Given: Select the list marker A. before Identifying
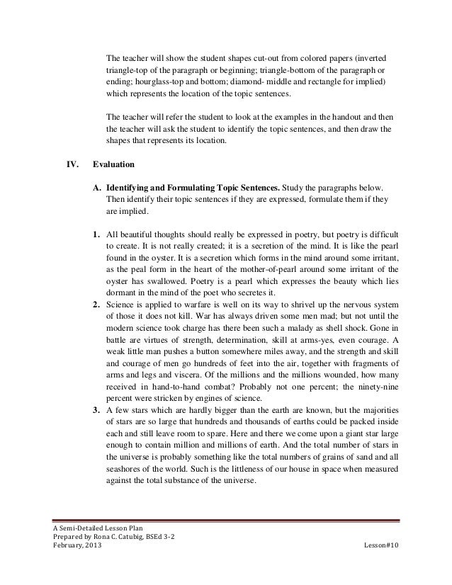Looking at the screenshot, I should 96,188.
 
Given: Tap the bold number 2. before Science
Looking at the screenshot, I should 96,305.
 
